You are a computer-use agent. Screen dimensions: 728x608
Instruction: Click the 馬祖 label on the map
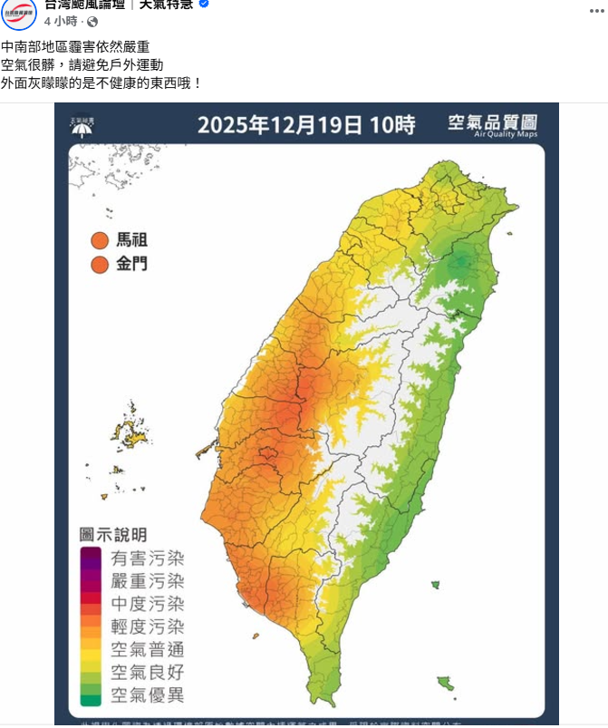click(x=131, y=241)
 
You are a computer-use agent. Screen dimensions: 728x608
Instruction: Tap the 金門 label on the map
click(x=131, y=265)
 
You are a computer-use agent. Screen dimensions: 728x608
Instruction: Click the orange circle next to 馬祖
click(x=100, y=241)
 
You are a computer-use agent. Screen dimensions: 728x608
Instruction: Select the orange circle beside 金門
click(x=100, y=265)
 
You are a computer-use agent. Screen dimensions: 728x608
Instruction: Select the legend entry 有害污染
click(x=147, y=558)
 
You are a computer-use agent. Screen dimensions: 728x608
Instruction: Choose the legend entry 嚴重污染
click(x=147, y=581)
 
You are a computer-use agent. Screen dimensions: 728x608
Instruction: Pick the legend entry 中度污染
click(x=147, y=604)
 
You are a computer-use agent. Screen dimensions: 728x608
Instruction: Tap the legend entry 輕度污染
click(x=147, y=626)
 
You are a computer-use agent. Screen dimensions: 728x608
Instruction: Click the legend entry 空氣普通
click(x=147, y=649)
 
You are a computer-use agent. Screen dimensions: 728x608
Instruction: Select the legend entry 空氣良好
click(x=147, y=673)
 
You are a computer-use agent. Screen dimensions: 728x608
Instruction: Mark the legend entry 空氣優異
click(x=147, y=695)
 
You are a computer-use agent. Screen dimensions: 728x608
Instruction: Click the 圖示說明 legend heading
click(x=113, y=535)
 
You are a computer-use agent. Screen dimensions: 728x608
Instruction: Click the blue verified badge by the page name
click(x=204, y=5)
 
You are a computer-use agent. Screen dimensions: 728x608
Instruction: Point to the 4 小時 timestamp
click(x=61, y=21)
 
